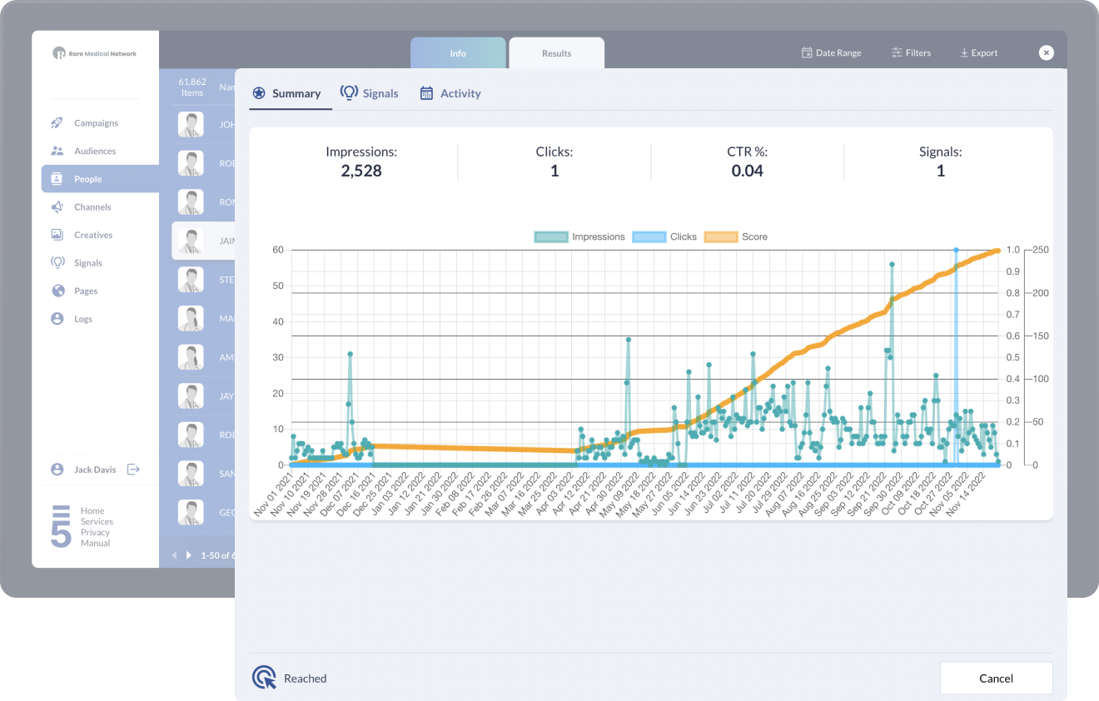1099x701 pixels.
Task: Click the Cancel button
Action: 996,678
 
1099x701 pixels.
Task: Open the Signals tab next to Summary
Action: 370,93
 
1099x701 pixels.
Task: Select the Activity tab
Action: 450,93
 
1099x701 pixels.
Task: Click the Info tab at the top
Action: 458,53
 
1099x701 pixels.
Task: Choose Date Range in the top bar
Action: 831,52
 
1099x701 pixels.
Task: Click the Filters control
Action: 911,52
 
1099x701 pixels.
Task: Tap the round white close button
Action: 1047,52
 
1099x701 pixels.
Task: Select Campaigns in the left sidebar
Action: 96,123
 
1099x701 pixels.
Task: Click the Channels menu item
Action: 92,206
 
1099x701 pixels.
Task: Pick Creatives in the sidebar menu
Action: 93,235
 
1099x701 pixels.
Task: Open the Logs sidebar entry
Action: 83,319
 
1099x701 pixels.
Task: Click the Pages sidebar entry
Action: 86,291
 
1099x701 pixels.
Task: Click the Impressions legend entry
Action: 579,236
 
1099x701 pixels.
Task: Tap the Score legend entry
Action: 736,236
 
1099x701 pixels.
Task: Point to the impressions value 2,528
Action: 361,171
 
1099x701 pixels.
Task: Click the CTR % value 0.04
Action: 747,171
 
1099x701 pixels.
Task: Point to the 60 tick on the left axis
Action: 277,250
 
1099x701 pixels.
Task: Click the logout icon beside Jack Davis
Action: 133,470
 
